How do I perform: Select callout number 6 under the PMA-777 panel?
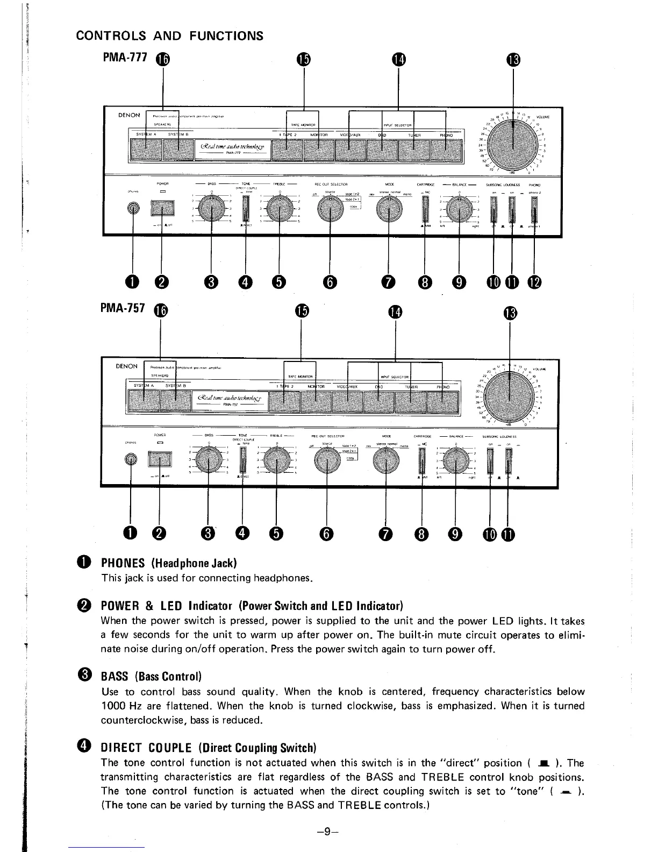click(330, 281)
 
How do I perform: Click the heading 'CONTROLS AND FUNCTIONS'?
click(170, 36)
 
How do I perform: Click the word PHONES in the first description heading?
click(123, 563)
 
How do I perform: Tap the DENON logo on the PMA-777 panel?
click(129, 115)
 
